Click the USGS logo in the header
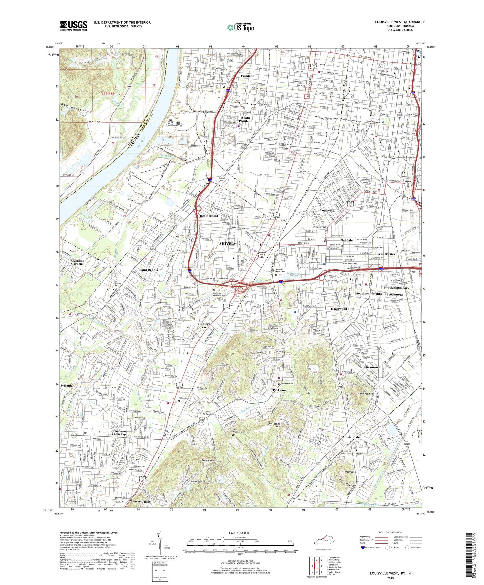74,26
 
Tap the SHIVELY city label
227,243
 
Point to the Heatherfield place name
209,216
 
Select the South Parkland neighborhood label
246,119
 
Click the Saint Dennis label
149,270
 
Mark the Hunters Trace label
204,325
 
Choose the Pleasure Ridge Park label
120,433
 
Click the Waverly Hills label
141,502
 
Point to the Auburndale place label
351,437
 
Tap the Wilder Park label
387,254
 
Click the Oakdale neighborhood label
347,240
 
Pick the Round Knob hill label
208,461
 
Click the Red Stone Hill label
275,425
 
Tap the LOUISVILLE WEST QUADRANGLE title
400,22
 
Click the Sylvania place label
66,386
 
